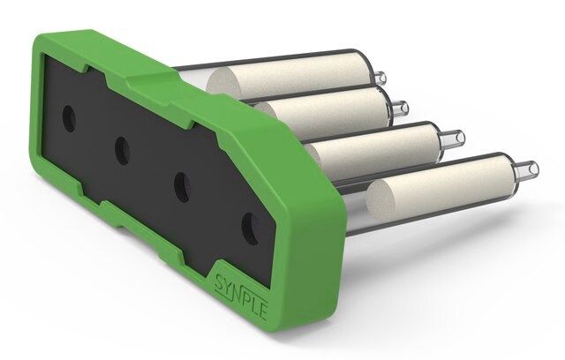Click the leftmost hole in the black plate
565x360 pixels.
69,118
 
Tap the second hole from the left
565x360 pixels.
123,151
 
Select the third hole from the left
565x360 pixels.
183,187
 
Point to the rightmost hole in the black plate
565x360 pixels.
250,229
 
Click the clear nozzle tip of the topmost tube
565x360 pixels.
380,78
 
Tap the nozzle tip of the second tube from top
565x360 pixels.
401,107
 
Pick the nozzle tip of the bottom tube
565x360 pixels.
528,169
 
